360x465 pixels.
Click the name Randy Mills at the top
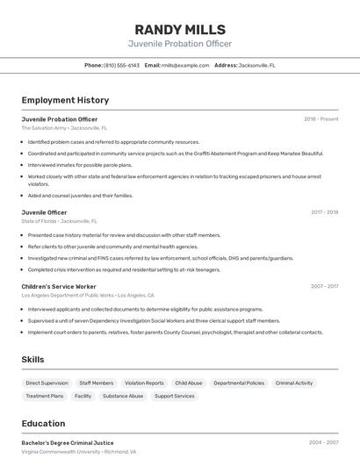(180, 29)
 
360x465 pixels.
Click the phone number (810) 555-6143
(121, 65)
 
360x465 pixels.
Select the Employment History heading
(65, 100)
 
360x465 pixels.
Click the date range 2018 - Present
(320, 118)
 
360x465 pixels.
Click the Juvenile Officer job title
(44, 212)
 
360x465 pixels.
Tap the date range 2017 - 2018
(324, 212)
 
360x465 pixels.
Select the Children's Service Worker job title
(59, 286)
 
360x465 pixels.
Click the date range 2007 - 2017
(324, 286)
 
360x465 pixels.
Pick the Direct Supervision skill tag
(47, 383)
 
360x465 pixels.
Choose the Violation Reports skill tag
(144, 383)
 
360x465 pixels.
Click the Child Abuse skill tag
(188, 383)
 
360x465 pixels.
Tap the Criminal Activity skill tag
(293, 383)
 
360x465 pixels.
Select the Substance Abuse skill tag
(123, 396)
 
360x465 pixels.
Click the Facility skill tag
(83, 396)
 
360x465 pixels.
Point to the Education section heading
(43, 423)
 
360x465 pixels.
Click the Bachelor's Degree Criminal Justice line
(68, 443)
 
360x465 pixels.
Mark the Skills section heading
(32, 360)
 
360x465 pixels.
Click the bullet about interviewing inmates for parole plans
(80, 164)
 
